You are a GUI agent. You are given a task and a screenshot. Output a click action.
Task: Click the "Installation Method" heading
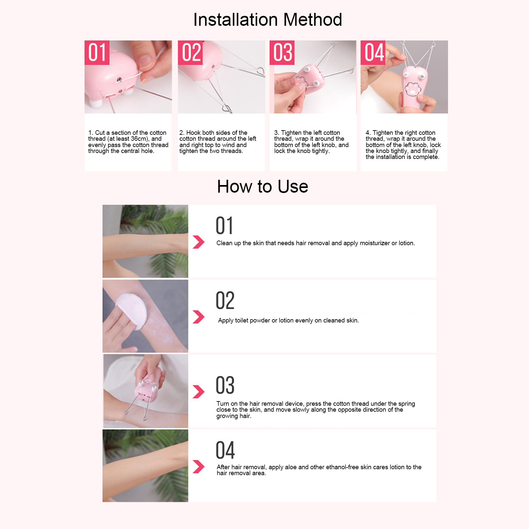click(268, 20)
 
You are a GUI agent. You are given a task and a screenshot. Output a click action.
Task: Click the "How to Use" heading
click(263, 186)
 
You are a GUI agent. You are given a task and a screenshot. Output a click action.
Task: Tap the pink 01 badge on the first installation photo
click(97, 53)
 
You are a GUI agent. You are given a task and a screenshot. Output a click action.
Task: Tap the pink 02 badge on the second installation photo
click(190, 53)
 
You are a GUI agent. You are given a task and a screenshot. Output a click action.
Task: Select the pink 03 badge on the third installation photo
click(282, 53)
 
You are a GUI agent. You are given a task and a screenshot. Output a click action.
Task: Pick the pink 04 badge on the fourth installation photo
click(373, 53)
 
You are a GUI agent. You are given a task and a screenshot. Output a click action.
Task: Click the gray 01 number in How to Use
click(224, 226)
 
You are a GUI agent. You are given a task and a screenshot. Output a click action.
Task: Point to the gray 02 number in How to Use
click(225, 300)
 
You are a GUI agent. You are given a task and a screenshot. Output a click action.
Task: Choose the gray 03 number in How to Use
click(225, 385)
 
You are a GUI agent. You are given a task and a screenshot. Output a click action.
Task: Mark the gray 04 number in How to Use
click(225, 450)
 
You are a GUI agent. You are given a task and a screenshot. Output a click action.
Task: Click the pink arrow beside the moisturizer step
click(199, 242)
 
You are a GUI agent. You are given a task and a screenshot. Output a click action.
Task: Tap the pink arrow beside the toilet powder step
click(199, 317)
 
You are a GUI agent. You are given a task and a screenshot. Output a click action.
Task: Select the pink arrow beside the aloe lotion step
click(199, 467)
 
